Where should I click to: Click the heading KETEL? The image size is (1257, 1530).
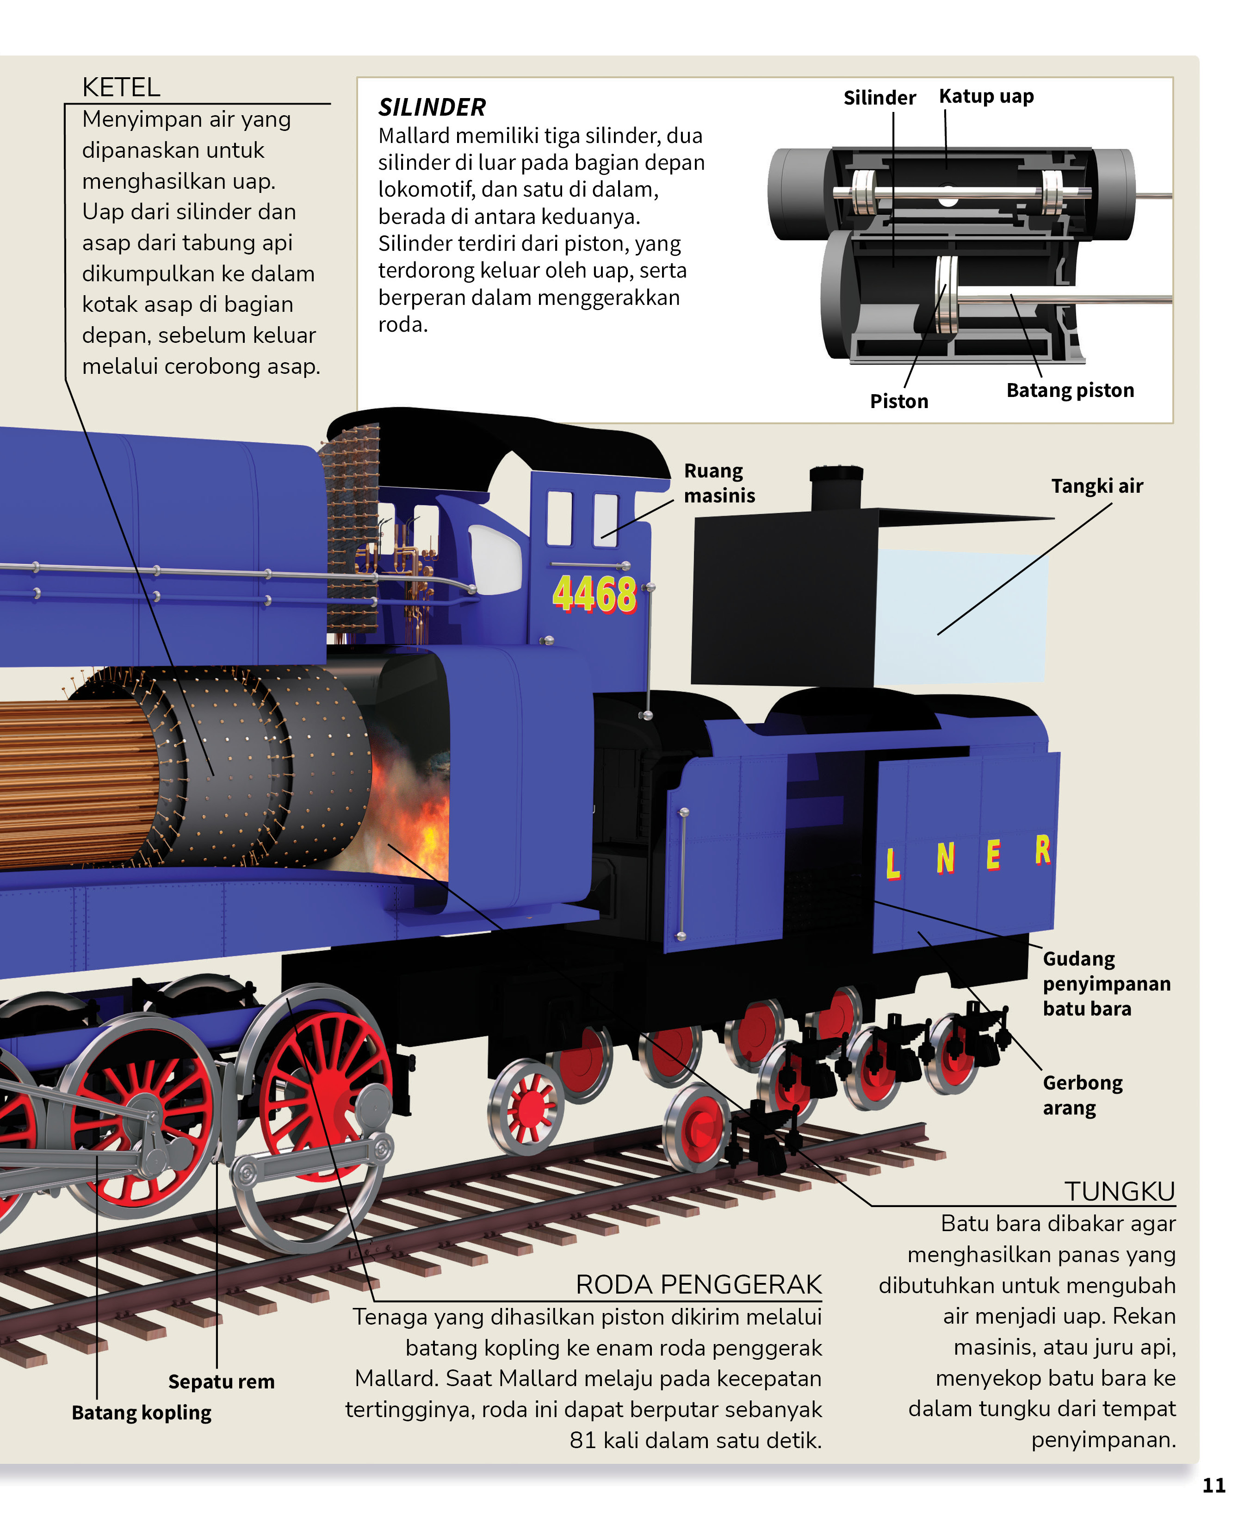coord(121,87)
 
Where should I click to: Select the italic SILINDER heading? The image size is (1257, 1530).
coord(432,108)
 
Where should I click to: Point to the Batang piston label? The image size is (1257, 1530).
coord(1070,390)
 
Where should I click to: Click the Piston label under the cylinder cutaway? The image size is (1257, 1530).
coord(898,401)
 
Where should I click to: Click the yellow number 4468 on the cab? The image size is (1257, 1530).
coord(594,595)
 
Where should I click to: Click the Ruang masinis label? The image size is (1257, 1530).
coord(718,483)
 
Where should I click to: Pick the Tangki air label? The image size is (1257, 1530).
coord(1096,486)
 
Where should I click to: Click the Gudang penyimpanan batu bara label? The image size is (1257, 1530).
coord(1106,983)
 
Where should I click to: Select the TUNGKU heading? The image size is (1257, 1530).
coord(1119,1191)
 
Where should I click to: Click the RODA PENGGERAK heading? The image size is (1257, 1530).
coord(698,1284)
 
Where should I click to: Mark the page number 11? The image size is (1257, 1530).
coord(1214,1486)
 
